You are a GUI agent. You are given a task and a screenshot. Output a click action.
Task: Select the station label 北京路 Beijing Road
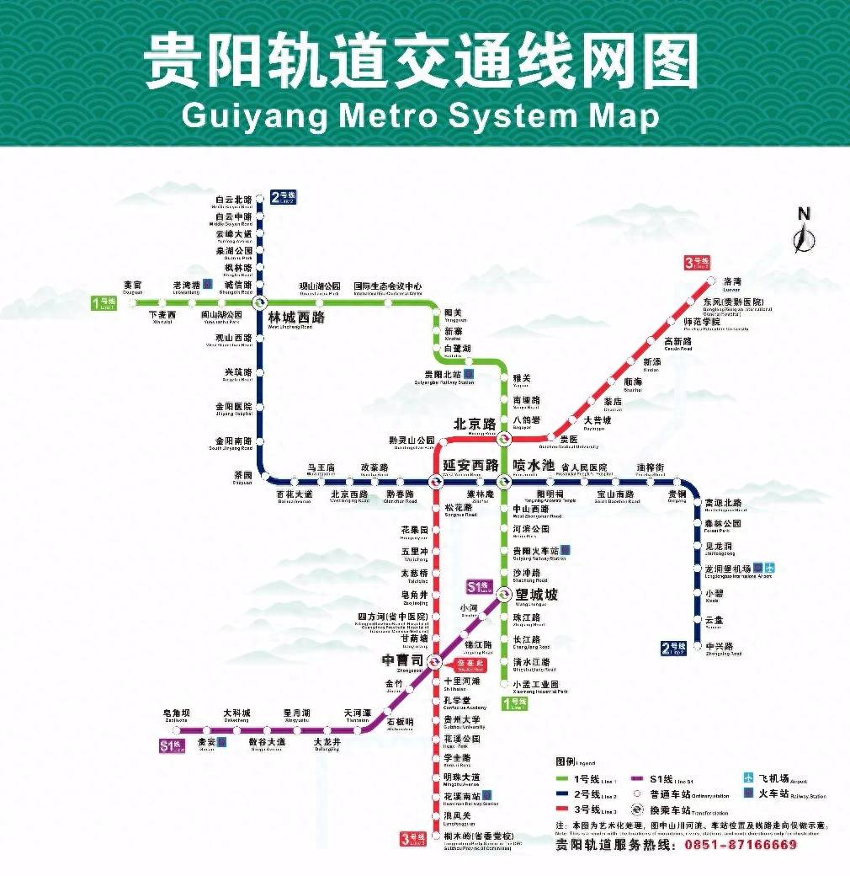[474, 424]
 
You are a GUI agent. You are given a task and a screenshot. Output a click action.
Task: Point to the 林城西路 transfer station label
[295, 318]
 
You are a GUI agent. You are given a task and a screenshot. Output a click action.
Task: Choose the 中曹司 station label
[402, 660]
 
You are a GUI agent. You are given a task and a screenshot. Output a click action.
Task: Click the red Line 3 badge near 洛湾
[698, 263]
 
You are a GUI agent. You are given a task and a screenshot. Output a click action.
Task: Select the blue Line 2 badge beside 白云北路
[284, 198]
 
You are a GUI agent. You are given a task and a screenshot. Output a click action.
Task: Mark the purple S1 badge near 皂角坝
[172, 745]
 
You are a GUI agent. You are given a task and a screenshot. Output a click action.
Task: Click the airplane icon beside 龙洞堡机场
[769, 569]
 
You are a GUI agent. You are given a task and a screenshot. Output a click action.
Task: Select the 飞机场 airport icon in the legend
[747, 777]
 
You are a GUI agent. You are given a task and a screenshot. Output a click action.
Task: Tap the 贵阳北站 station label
[444, 375]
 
